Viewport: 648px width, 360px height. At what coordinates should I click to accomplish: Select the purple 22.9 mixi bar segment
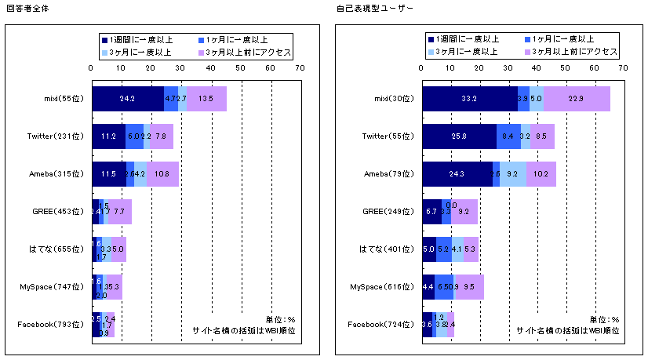(577, 100)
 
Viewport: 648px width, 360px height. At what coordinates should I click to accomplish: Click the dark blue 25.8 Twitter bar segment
(460, 136)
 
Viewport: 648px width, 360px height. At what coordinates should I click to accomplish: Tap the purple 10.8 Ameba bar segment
(162, 174)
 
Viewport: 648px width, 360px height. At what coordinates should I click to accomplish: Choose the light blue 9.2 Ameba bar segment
(513, 174)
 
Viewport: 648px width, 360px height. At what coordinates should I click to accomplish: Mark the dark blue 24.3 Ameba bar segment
(457, 174)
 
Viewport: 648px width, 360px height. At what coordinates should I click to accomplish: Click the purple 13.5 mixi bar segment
(206, 100)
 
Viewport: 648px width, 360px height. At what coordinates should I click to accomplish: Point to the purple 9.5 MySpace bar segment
(470, 287)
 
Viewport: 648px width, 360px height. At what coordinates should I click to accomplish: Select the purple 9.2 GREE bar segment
(464, 212)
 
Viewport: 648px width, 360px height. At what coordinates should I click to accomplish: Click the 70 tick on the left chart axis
(300, 68)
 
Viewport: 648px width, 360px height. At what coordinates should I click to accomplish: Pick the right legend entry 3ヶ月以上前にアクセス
(575, 52)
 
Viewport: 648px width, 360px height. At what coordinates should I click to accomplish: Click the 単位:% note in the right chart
(604, 320)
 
